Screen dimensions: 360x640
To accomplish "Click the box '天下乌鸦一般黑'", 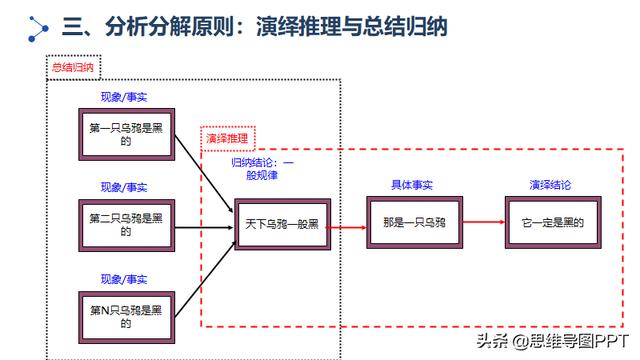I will [x=280, y=225].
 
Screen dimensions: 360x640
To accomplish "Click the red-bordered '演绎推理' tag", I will [x=229, y=138].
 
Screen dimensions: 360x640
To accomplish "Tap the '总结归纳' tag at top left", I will [x=73, y=67].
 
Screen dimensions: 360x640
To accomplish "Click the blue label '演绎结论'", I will [x=550, y=186].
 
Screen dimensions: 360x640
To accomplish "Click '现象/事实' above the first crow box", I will [x=125, y=97].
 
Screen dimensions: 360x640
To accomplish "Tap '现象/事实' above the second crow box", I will [x=125, y=187].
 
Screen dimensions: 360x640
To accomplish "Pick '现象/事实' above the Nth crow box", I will [x=125, y=278].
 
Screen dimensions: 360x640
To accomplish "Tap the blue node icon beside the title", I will [x=36, y=29].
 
